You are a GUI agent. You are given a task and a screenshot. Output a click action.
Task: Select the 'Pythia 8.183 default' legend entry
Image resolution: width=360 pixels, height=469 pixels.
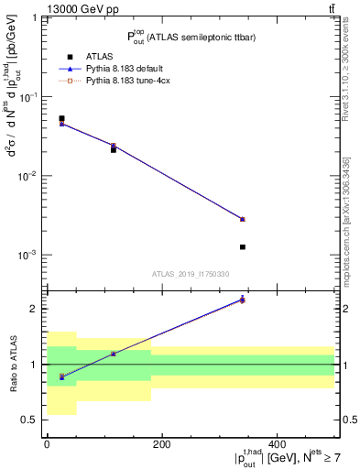coord(126,69)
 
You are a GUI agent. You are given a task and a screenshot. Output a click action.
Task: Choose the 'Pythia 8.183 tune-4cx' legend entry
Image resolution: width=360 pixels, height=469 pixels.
coord(127,81)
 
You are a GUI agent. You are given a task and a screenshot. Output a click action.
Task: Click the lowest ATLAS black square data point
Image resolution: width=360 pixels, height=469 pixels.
coord(294,247)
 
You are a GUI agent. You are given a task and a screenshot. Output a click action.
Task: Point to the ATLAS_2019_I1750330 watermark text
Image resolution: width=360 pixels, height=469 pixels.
coord(190,274)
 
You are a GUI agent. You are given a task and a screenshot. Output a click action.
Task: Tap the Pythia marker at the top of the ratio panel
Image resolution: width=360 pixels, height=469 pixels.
coord(294,300)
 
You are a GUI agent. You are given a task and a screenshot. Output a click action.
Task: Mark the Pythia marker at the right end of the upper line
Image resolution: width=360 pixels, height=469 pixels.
coord(294,219)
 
